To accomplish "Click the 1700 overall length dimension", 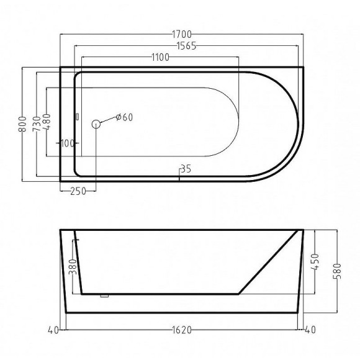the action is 182,34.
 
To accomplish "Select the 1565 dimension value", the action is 186,46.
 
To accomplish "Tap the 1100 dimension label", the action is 161,57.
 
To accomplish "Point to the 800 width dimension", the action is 22,124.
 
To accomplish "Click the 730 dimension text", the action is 37,124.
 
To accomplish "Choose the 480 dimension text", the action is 47,122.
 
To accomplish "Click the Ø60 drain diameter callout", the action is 124,117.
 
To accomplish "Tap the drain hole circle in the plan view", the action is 96,124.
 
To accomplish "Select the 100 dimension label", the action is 68,143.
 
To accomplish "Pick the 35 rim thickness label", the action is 186,169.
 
